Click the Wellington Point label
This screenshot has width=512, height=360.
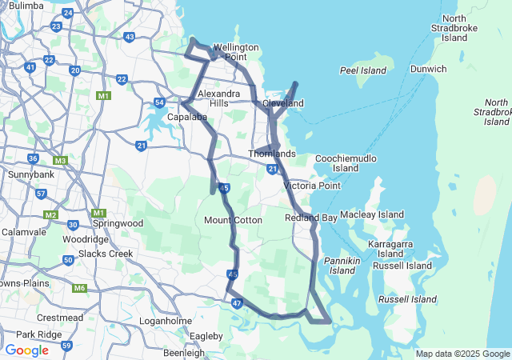tap(235, 52)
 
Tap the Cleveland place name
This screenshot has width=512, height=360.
tap(284, 104)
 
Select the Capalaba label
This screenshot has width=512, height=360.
tap(187, 117)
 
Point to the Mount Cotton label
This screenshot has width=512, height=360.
tap(233, 220)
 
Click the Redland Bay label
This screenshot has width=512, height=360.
tap(311, 218)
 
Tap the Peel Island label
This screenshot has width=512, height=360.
tap(363, 70)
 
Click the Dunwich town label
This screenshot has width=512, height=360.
tap(429, 69)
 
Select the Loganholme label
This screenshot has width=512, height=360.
tap(165, 321)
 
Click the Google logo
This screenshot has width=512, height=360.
tap(26, 350)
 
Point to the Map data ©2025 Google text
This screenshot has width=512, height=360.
tap(462, 354)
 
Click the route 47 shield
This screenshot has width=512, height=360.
tap(237, 303)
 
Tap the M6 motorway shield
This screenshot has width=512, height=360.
tap(79, 288)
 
